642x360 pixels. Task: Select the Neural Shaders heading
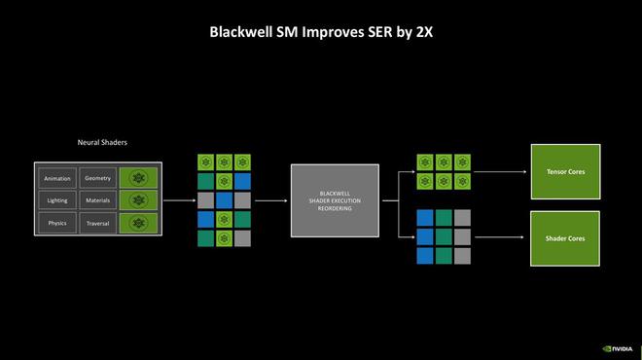tap(102, 142)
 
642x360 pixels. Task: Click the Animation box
tap(57, 178)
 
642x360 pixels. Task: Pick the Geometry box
tap(98, 178)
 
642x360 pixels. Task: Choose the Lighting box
tap(57, 200)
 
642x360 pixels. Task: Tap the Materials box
tap(98, 200)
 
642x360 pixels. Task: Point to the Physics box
tap(57, 223)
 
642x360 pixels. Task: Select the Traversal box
tap(98, 223)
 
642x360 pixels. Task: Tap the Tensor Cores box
tap(564, 172)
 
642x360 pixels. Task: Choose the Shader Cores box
tap(564, 237)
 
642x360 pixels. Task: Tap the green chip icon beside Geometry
tap(139, 178)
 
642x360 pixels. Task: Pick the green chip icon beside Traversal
tap(139, 223)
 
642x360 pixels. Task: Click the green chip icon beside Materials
tap(139, 200)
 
